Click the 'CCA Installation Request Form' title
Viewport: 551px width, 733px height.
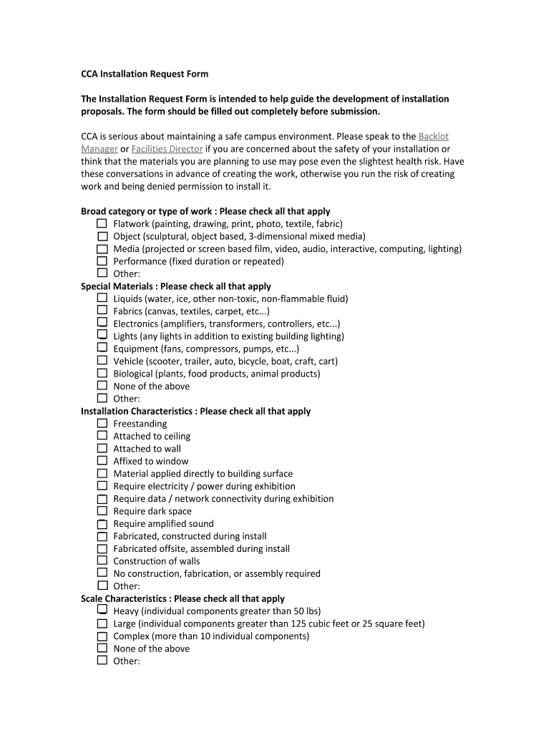[144, 74]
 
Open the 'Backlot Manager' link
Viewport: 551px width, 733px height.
[433, 136]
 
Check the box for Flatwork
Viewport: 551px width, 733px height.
[102, 223]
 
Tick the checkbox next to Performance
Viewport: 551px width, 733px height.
[102, 261]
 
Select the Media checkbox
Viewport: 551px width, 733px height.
[102, 248]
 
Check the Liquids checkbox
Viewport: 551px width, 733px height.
[102, 298]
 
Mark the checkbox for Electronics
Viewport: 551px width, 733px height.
[102, 323]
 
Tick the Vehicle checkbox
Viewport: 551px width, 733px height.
[102, 361]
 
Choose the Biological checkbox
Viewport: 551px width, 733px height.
[102, 373]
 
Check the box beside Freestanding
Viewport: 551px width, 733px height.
[102, 423]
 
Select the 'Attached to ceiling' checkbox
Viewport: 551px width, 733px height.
[102, 435]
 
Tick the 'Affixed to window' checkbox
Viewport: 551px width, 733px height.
[102, 460]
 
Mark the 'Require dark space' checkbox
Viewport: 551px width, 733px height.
[102, 510]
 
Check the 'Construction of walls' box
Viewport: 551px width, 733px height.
[102, 560]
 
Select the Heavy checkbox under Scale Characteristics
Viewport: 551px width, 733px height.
[102, 611]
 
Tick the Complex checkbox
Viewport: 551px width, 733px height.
[102, 636]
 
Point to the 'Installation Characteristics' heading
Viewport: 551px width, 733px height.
[138, 411]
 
